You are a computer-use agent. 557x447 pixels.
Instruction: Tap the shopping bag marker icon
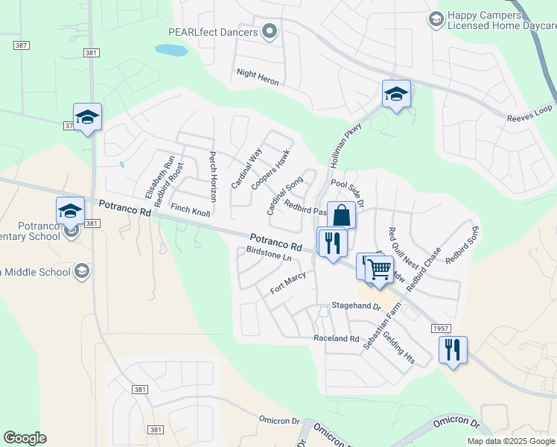341,215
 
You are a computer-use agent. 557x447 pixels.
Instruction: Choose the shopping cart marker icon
380,268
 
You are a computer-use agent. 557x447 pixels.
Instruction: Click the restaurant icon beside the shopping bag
331,242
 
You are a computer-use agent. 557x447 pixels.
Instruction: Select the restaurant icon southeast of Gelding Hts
453,349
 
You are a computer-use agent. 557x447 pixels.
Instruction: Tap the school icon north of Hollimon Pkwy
396,94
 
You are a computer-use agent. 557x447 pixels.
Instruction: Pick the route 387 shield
21,46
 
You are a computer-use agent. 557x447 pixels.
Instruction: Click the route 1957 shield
440,328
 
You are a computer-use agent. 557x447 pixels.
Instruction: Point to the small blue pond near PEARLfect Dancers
171,51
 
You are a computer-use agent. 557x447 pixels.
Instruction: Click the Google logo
25,438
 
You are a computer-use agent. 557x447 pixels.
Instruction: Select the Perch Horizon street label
212,177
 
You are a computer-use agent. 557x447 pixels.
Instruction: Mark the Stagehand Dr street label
356,307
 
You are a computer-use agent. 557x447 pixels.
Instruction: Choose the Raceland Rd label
337,338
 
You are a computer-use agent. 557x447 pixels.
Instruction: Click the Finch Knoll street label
190,210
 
